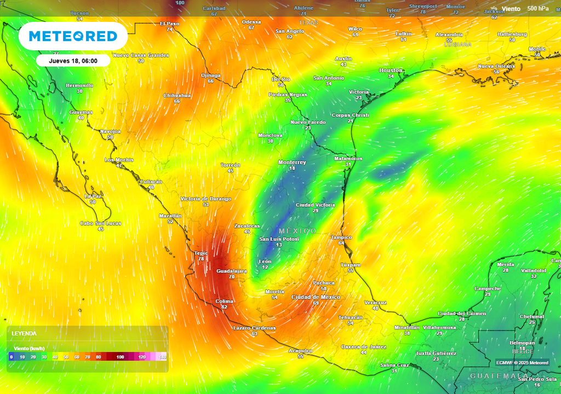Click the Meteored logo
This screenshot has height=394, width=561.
point(73,37)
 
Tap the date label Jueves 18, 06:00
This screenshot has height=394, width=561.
point(73,61)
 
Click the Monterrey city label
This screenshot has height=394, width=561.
point(292,163)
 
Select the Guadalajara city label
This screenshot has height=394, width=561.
point(232,271)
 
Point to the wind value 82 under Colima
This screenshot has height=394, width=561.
point(224,307)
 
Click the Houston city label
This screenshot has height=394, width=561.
point(391,71)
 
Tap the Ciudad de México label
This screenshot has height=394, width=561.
point(316,297)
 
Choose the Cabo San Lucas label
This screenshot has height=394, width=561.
point(101,223)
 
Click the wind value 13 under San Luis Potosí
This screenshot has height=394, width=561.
point(279,245)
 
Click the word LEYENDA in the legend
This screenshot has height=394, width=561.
point(24,333)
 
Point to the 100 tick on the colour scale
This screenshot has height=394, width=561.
point(120,357)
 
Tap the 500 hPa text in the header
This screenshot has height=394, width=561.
point(537,9)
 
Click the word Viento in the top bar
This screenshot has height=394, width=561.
point(511,9)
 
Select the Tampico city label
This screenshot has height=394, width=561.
point(341,237)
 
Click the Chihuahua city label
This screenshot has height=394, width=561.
point(177,95)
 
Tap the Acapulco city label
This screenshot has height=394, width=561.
point(300,351)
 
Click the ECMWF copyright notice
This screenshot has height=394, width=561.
point(522,362)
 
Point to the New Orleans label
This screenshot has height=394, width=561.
point(496,66)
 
